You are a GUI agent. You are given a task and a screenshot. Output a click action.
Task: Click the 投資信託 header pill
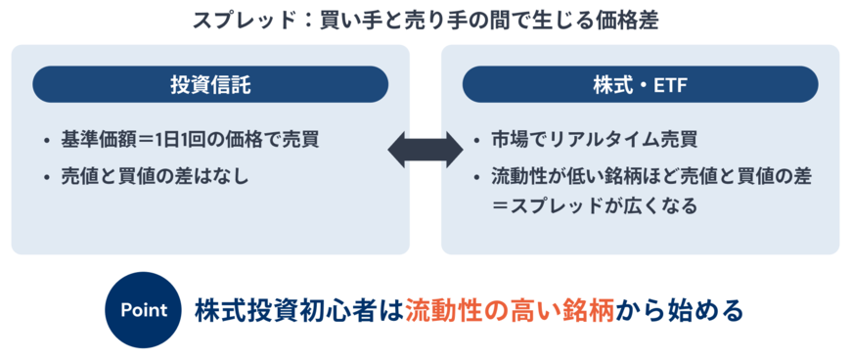tap(210, 85)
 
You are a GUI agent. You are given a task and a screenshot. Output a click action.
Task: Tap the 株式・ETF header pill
tap(640, 85)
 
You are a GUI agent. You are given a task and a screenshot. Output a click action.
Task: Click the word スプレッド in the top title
tap(232, 19)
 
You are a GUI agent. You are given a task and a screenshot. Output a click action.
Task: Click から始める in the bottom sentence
tap(679, 310)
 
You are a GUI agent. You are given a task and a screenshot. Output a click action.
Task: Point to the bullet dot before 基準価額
tap(47, 140)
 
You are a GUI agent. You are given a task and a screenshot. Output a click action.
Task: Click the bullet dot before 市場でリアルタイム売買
tap(476, 140)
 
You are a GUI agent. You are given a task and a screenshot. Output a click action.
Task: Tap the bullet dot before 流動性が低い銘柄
tap(476, 178)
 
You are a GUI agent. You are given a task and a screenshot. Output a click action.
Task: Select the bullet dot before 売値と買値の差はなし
tap(47, 178)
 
